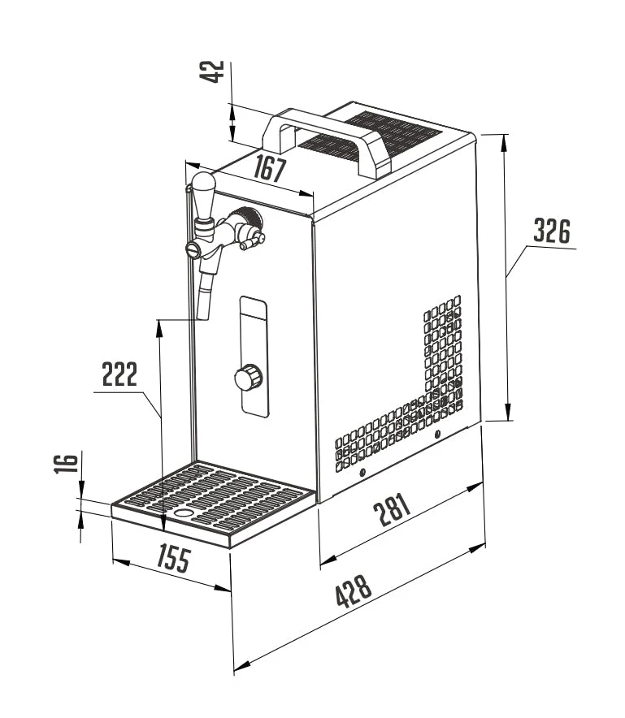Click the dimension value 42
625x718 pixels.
tap(211, 72)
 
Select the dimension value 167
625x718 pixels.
tap(270, 168)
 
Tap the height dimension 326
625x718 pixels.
tap(552, 231)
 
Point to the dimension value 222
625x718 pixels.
tap(119, 374)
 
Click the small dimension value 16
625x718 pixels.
tap(67, 463)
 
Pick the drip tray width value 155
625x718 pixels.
tap(174, 558)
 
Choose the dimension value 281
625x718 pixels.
tap(393, 509)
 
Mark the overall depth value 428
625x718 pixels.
tap(354, 591)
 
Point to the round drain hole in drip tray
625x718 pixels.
tap(184, 513)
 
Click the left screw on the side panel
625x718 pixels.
tap(362, 473)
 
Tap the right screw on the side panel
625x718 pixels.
tap(437, 434)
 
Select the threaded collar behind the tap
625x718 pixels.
tap(248, 220)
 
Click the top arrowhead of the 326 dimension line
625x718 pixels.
tap(505, 142)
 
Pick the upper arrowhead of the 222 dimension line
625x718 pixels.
tap(159, 328)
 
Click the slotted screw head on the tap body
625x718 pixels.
tap(193, 249)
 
